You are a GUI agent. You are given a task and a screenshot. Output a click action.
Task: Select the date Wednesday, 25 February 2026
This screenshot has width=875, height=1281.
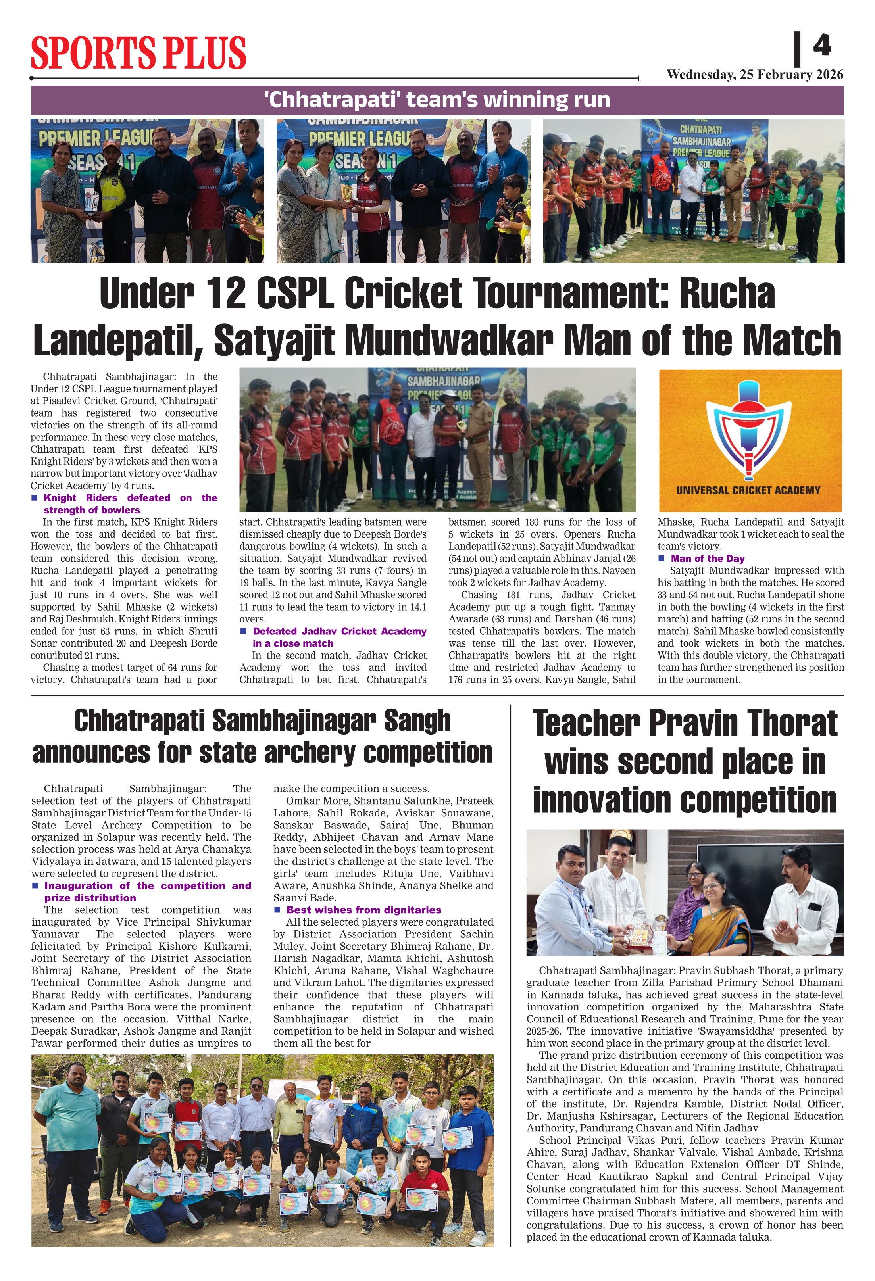754,75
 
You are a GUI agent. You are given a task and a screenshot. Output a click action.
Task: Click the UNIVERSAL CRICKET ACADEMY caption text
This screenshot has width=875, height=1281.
748,490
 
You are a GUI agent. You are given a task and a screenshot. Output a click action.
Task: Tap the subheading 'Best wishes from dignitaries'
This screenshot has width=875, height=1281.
363,910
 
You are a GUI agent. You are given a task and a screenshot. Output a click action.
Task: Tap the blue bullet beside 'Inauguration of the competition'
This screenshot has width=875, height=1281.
35,886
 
